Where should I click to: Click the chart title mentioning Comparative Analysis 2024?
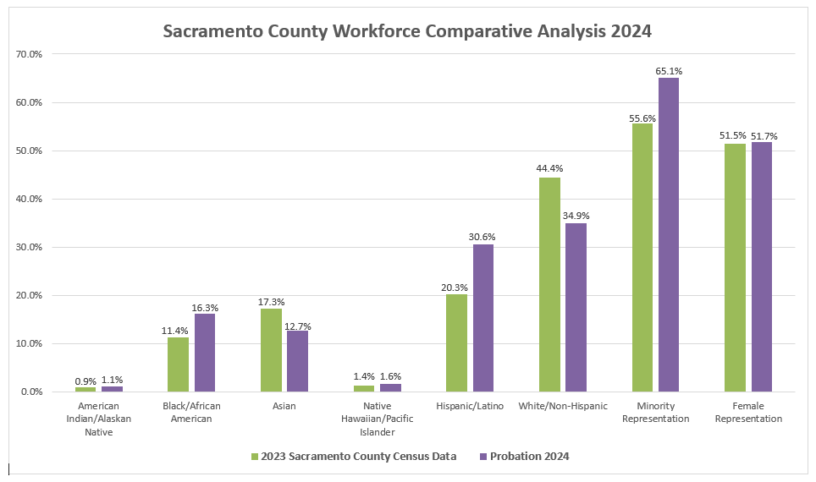point(406,32)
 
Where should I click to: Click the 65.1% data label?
point(669,71)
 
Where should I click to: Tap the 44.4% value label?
point(549,169)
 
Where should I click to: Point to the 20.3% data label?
point(455,288)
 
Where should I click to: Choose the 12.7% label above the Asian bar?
point(298,324)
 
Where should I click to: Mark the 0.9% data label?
point(85,380)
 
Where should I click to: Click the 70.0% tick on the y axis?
point(29,54)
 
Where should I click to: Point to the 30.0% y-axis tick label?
point(29,248)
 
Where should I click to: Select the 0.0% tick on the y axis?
point(31,392)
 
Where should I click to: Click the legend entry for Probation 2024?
point(524,457)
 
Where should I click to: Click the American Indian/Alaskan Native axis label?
point(98,419)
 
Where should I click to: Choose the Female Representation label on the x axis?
point(748,413)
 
